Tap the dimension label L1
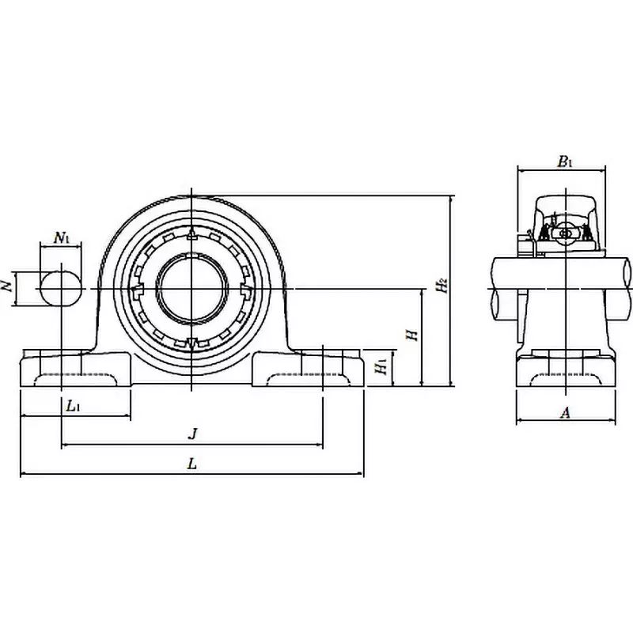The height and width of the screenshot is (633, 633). coord(72,406)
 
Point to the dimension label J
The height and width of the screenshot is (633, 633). coord(191,434)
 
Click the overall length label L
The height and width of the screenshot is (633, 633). coord(191,464)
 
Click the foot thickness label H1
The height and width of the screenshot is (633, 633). coord(381,366)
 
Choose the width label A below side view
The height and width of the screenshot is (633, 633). coord(564,411)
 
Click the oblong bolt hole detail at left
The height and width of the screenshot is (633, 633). coord(61,290)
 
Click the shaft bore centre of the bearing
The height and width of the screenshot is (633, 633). coord(192,290)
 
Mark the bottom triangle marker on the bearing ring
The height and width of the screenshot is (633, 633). coord(192,344)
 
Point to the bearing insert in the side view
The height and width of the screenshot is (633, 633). coord(565,233)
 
